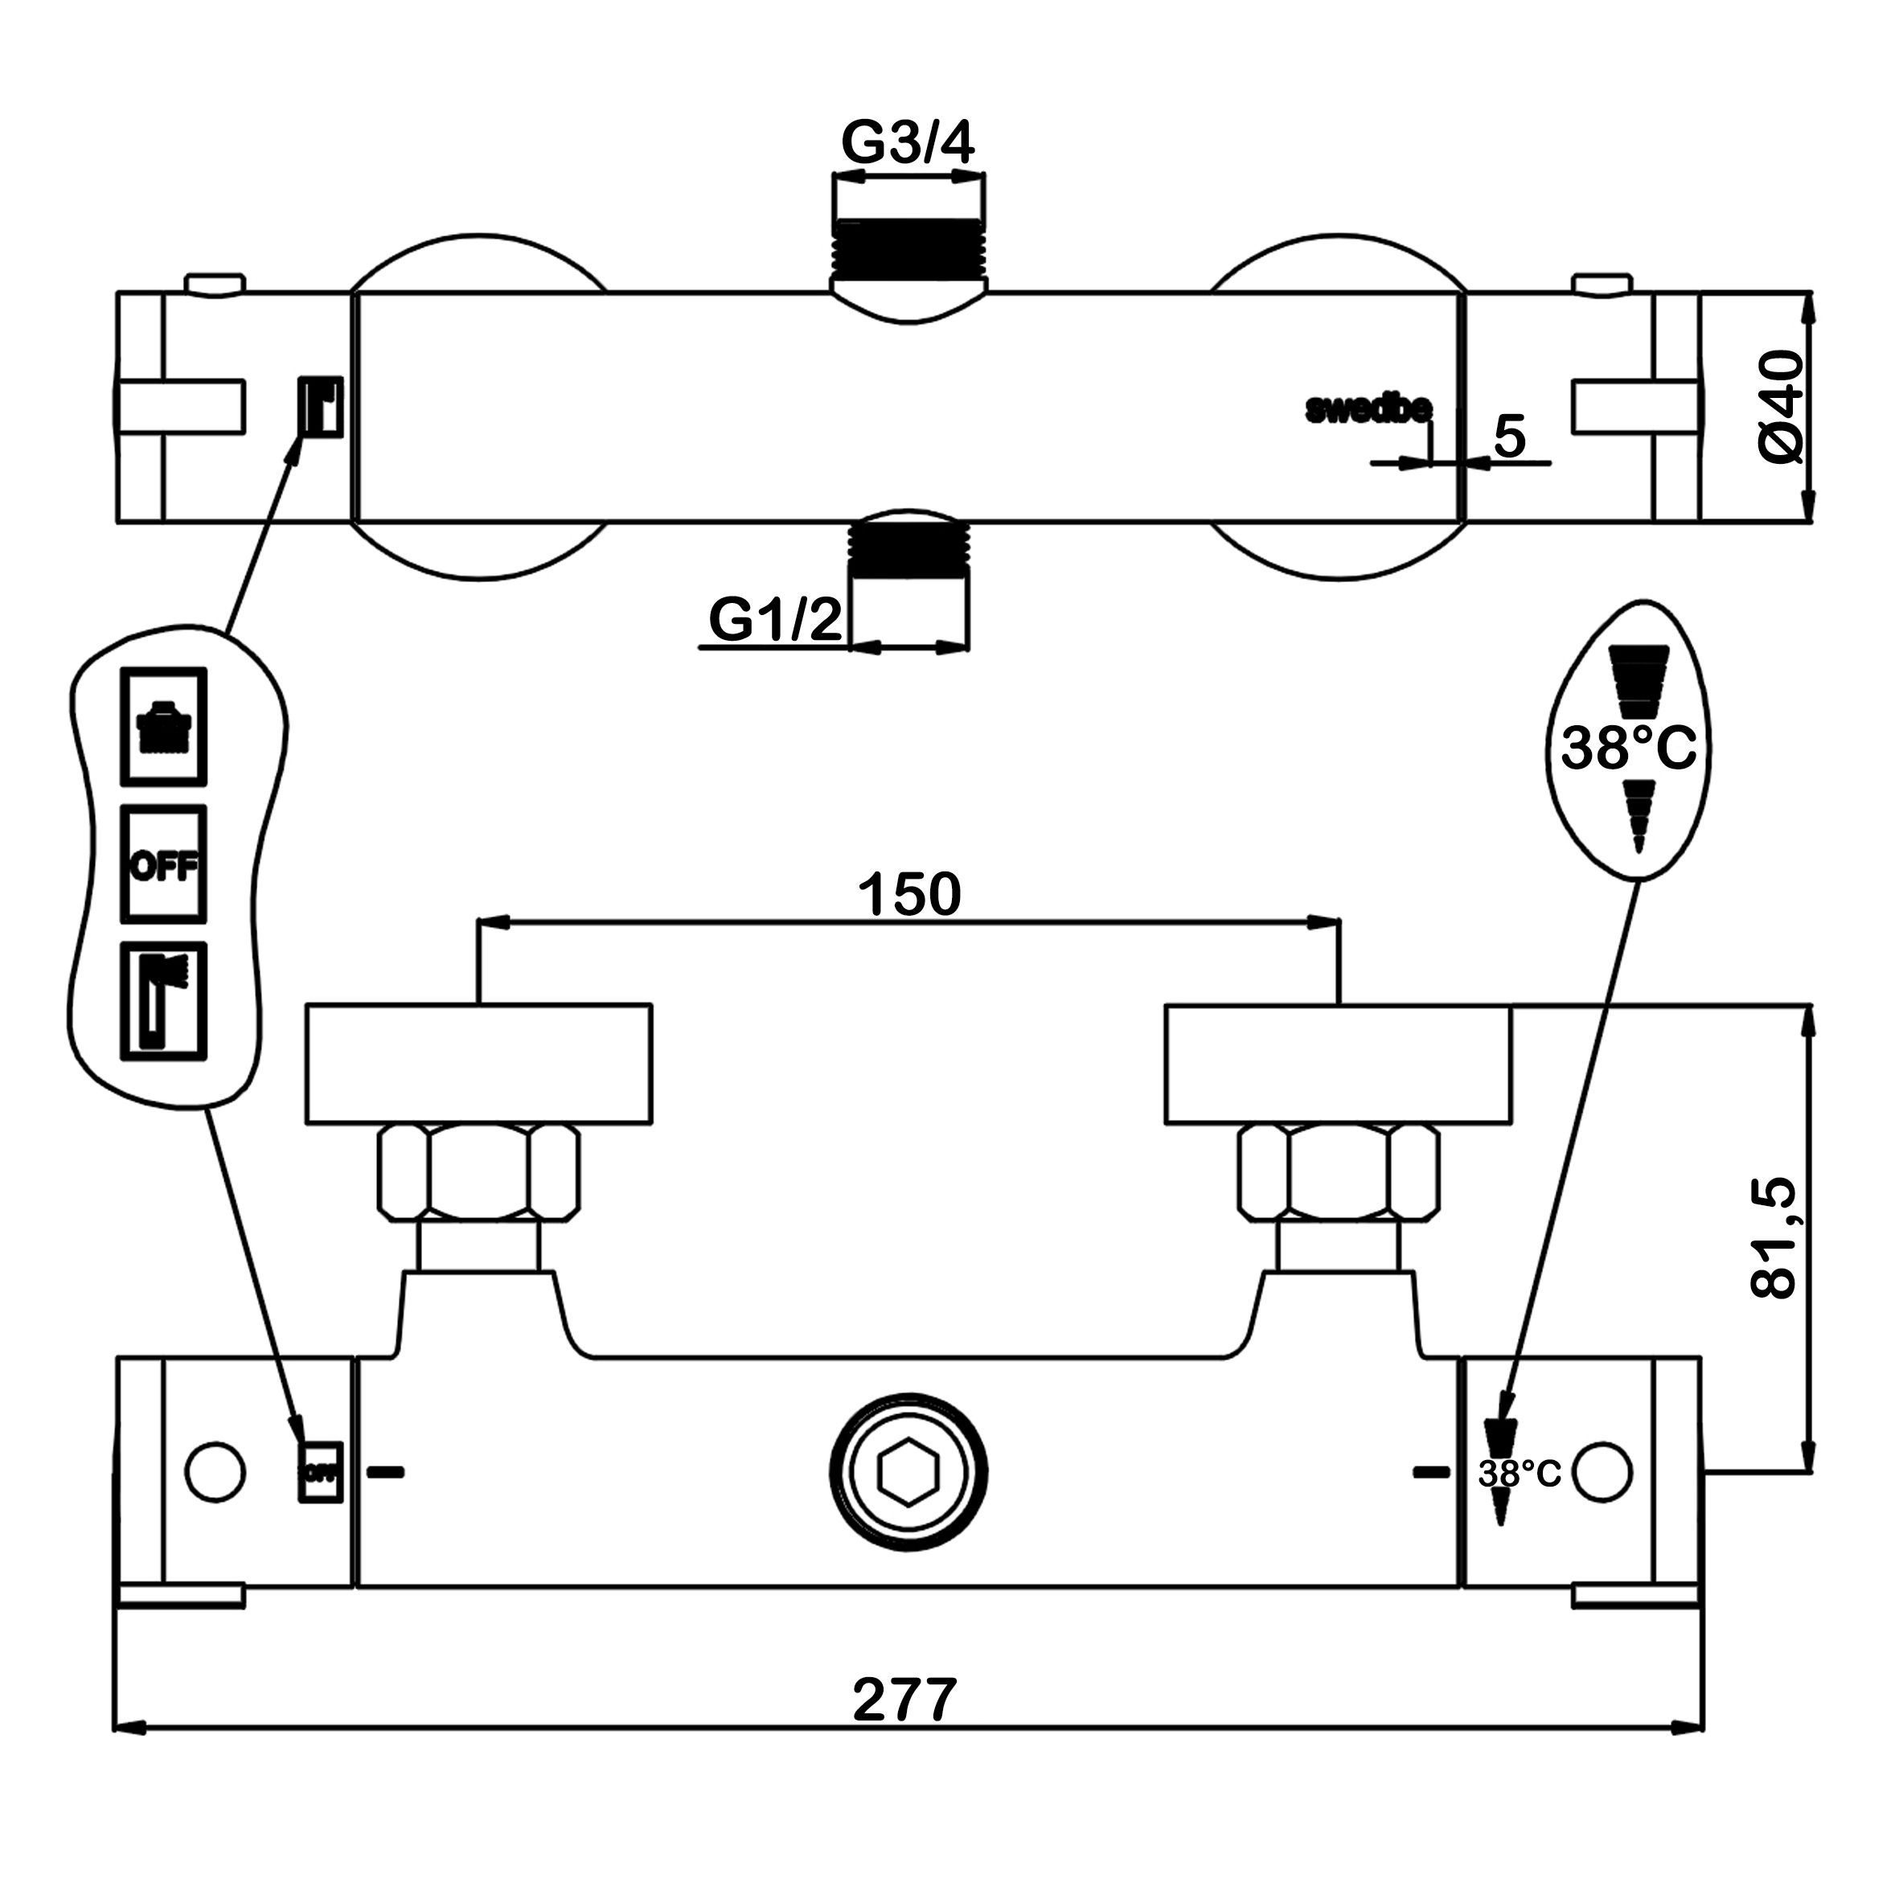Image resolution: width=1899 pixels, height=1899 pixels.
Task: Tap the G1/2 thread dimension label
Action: tap(776, 620)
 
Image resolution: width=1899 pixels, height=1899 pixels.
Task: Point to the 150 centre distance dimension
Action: tap(909, 895)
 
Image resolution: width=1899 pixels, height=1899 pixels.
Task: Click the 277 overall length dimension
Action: tap(904, 1700)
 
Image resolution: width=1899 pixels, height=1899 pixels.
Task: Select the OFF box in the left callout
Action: tap(164, 865)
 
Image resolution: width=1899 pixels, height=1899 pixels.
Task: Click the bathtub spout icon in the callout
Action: tap(164, 728)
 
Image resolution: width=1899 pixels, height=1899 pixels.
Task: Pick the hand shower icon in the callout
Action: tap(164, 1002)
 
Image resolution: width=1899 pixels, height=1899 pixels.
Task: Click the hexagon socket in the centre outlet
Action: tap(909, 1472)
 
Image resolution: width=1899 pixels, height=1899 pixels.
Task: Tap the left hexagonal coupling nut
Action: tap(478, 1174)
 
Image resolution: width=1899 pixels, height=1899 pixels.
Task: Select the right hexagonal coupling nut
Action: tap(1339, 1174)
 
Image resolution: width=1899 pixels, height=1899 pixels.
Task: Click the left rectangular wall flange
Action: tap(478, 1064)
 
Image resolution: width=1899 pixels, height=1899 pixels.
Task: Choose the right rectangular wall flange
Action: tap(1338, 1064)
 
